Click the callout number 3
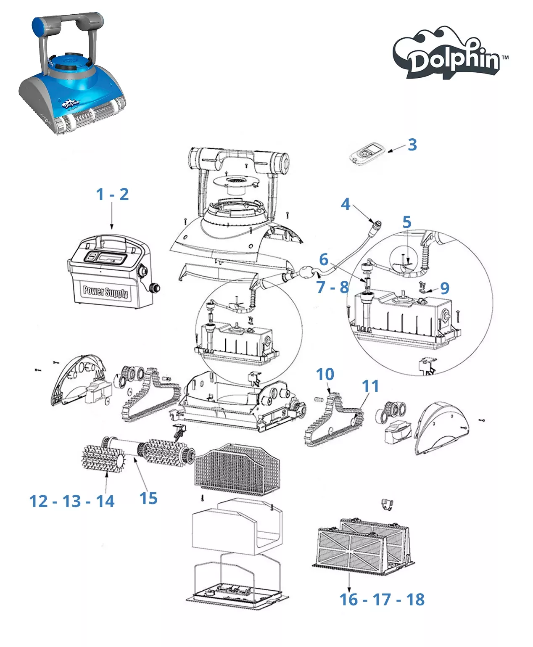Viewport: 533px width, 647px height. point(412,145)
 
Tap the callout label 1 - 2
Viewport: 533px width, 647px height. point(112,194)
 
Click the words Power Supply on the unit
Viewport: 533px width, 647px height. point(106,291)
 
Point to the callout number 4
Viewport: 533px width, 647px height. point(345,204)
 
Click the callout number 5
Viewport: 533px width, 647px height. point(406,222)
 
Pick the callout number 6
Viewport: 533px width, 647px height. point(323,259)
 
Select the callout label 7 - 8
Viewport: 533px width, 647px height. point(332,287)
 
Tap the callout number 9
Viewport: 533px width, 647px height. point(445,288)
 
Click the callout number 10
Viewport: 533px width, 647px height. point(325,374)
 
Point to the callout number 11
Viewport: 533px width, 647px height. point(370,386)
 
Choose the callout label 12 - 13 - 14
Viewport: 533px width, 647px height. point(72,501)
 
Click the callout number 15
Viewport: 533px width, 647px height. point(148,498)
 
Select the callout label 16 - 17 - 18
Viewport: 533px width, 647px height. point(382,599)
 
